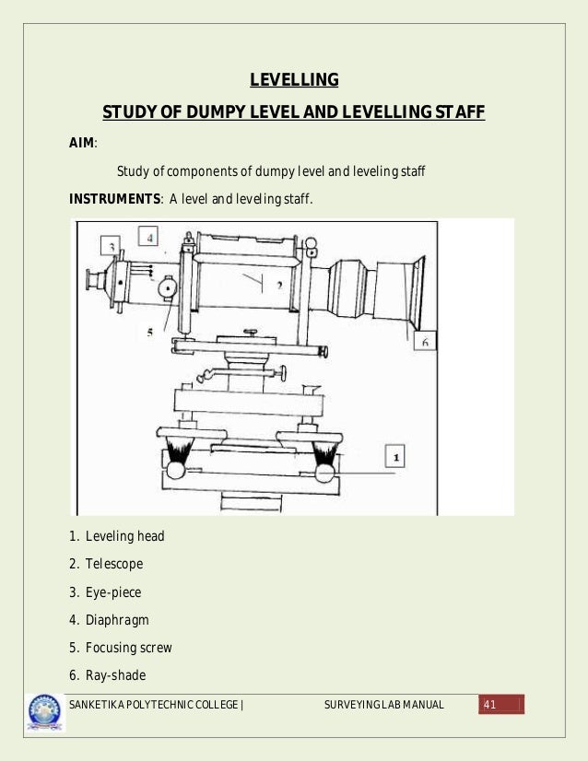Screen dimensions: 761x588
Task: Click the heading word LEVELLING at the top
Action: pyautogui.click(x=294, y=80)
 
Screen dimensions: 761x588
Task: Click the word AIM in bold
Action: pyautogui.click(x=82, y=143)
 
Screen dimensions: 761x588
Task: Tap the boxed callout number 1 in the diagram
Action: pyautogui.click(x=395, y=456)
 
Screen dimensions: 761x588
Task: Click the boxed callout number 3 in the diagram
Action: pyautogui.click(x=111, y=246)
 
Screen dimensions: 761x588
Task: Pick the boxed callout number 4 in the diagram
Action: pyautogui.click(x=149, y=238)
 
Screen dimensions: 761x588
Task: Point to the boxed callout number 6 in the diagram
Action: pyautogui.click(x=424, y=341)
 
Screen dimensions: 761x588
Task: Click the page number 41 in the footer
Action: pyautogui.click(x=489, y=706)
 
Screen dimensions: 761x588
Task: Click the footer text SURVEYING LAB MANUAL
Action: pyautogui.click(x=384, y=706)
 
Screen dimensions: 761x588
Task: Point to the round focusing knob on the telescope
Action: pyautogui.click(x=167, y=287)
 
